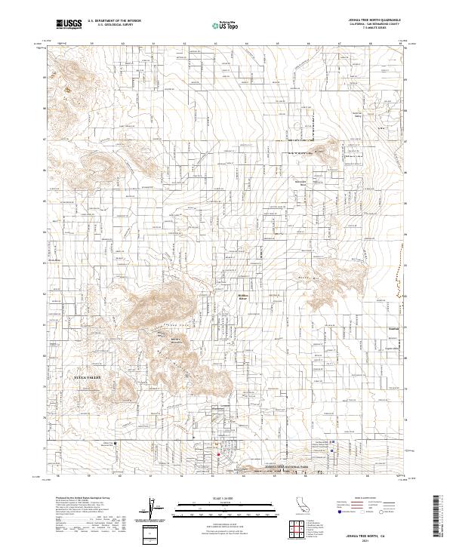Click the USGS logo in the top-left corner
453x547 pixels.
click(x=67, y=25)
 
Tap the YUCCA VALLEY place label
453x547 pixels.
click(x=91, y=375)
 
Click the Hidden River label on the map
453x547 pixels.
click(x=243, y=297)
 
